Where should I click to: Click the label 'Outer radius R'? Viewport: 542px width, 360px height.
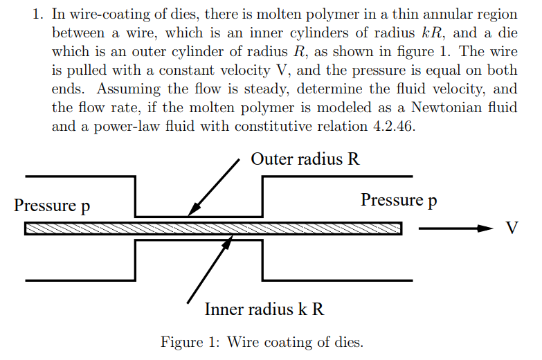point(305,159)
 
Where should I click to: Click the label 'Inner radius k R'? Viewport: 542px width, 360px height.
point(264,309)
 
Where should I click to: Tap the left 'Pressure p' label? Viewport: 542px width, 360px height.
point(52,205)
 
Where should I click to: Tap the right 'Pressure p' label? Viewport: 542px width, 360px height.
point(399,200)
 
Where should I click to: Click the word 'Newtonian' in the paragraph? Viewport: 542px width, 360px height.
point(444,108)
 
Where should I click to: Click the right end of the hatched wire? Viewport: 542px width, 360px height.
point(400,228)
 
